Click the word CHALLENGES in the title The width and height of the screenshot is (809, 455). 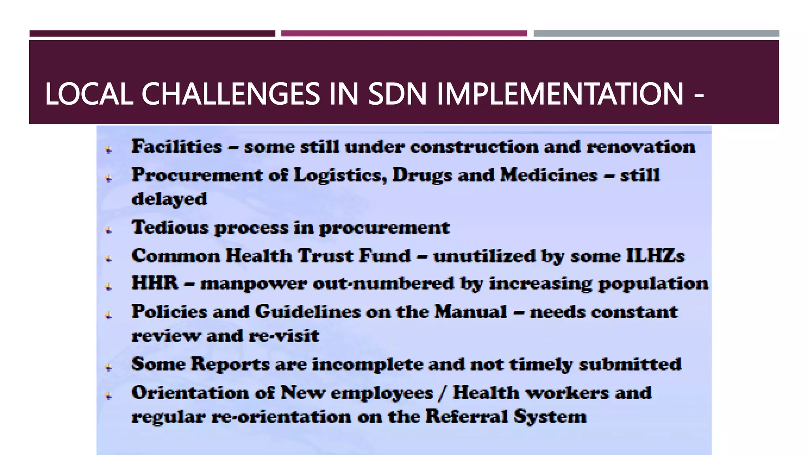click(x=230, y=94)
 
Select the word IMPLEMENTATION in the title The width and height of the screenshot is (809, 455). click(x=560, y=94)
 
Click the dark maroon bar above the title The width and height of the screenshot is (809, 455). click(x=152, y=34)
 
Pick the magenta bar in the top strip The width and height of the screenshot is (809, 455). click(x=404, y=34)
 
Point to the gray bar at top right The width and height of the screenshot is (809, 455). click(x=656, y=34)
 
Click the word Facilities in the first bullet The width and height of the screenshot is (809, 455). click(x=177, y=147)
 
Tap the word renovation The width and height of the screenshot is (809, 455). click(x=640, y=147)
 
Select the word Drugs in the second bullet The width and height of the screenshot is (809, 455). click(x=421, y=175)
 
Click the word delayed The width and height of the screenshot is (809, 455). click(x=169, y=199)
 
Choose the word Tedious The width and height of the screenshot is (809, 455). click(x=170, y=227)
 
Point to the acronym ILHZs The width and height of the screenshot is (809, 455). click(x=655, y=256)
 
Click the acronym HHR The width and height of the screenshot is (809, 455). click(x=155, y=284)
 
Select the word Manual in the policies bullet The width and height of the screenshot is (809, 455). click(x=470, y=312)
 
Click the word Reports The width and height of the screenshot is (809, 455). click(x=230, y=364)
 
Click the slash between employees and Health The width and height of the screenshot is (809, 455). click(x=443, y=393)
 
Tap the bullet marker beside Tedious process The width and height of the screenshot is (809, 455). click(x=109, y=230)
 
